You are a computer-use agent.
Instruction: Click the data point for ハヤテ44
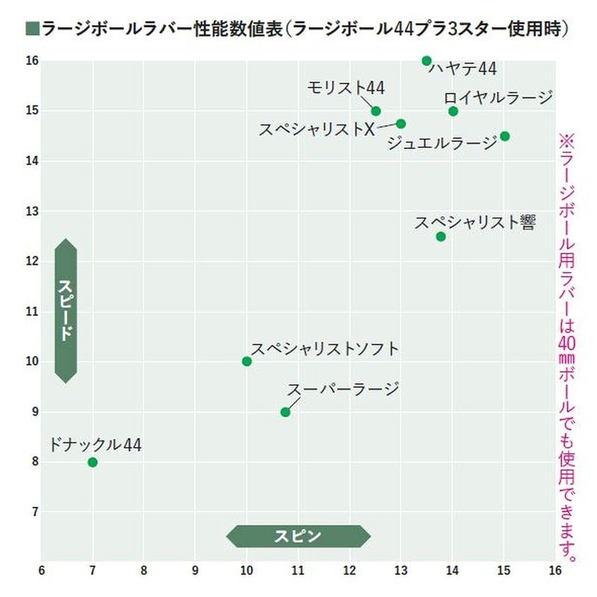(426, 60)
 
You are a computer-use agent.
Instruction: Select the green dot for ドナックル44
(93, 462)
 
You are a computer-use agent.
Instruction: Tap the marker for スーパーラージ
(285, 412)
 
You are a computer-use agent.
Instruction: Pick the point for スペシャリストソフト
(247, 361)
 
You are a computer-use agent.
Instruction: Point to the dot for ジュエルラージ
(504, 136)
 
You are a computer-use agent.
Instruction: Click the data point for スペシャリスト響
(440, 237)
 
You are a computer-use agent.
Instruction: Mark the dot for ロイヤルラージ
(453, 111)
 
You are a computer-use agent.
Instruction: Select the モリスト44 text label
(346, 88)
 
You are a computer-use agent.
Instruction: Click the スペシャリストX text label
(316, 129)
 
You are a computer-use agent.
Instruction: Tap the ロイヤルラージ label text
(498, 98)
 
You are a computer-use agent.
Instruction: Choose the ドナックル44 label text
(94, 445)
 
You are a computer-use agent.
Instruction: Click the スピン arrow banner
(298, 536)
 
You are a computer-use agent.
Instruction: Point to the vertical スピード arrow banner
(66, 310)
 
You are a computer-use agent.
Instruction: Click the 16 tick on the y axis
(31, 60)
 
